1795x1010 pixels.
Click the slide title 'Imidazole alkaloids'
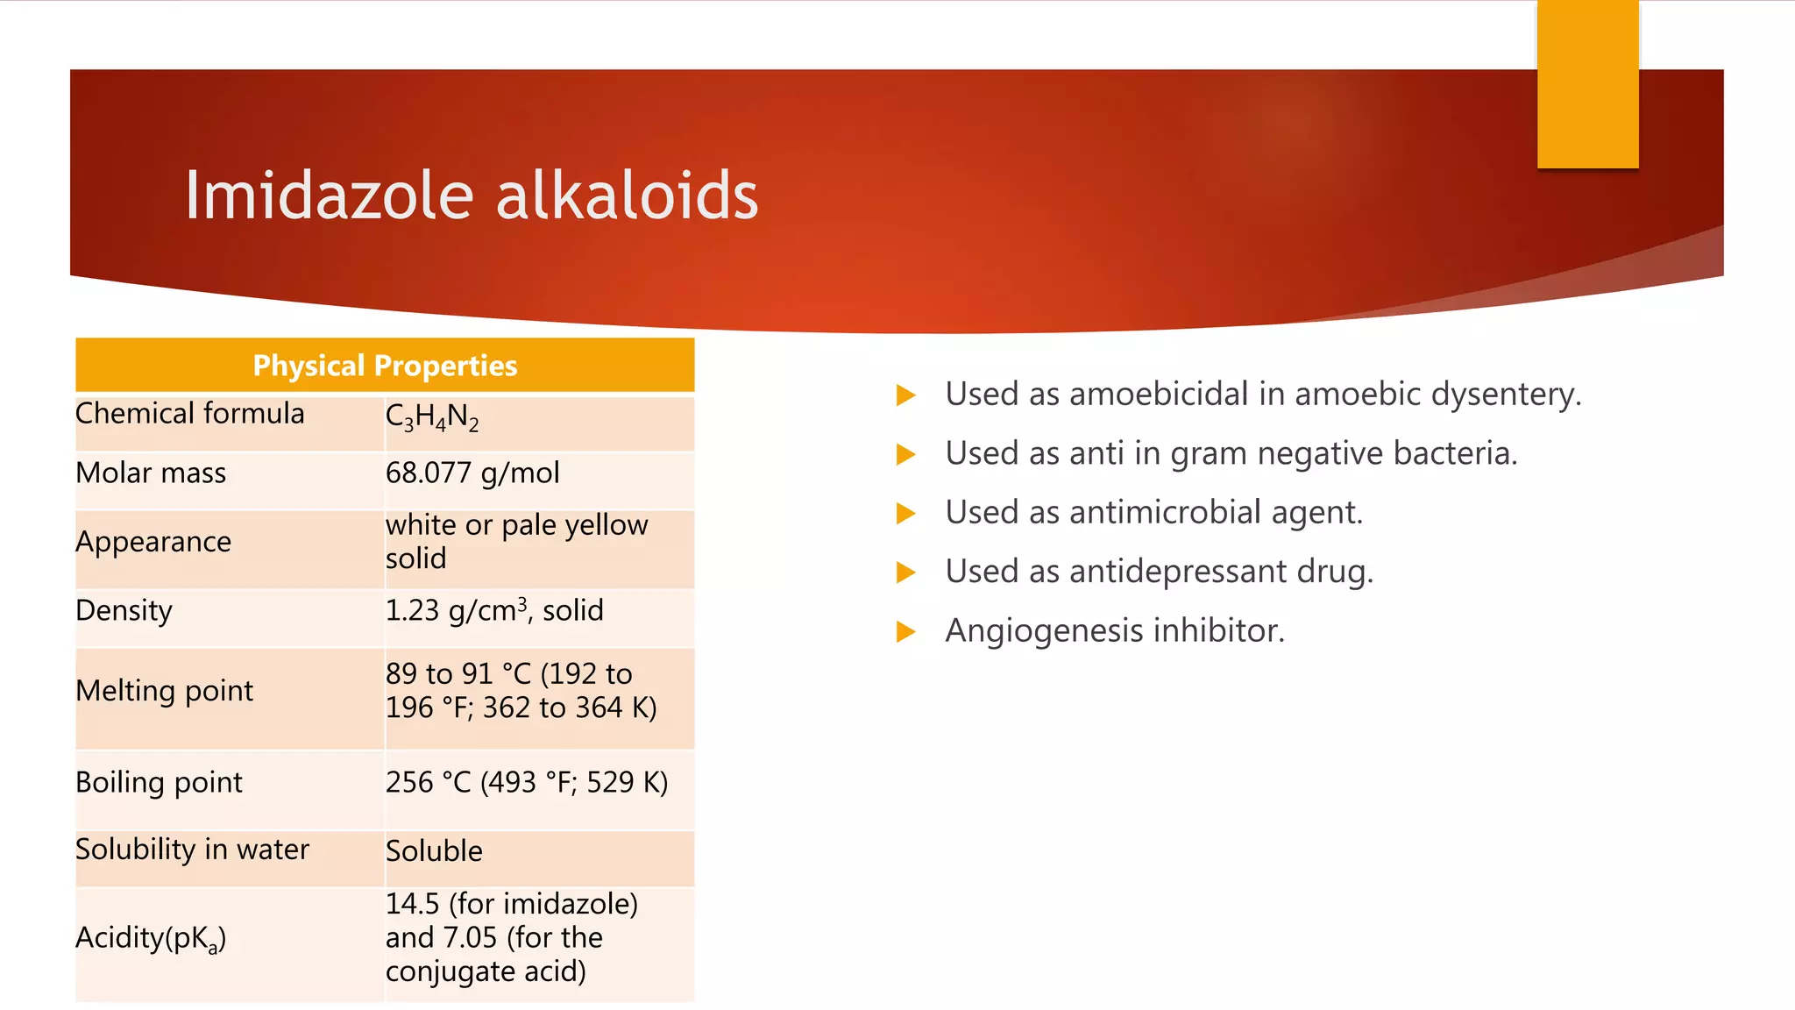click(471, 195)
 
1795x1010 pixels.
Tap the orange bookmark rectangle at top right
click(1587, 84)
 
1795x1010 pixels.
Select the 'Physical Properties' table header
click(385, 365)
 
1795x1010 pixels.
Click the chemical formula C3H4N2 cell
click(432, 416)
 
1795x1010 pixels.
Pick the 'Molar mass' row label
click(151, 473)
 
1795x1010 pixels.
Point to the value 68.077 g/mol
click(472, 473)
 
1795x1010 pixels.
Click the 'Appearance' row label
click(153, 542)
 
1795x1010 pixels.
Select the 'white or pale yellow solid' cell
click(516, 541)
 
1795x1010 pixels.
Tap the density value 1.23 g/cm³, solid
click(494, 610)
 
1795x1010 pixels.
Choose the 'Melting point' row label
click(164, 691)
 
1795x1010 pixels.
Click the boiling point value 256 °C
click(526, 782)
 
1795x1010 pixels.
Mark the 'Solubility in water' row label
click(192, 850)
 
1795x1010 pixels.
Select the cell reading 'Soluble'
click(434, 851)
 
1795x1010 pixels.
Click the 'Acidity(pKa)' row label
click(151, 938)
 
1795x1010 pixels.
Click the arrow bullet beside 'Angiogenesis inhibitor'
click(906, 631)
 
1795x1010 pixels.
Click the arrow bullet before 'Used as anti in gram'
click(906, 454)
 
